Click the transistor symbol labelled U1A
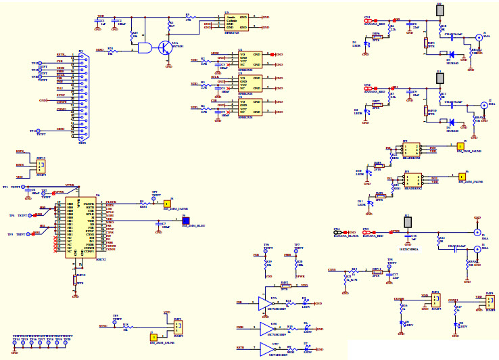tap(165, 47)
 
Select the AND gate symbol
tap(143, 48)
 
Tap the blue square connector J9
tap(185, 220)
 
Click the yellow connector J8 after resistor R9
tap(167, 204)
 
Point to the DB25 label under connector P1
tap(82, 143)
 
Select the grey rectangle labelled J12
tap(408, 223)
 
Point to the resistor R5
tap(189, 18)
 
